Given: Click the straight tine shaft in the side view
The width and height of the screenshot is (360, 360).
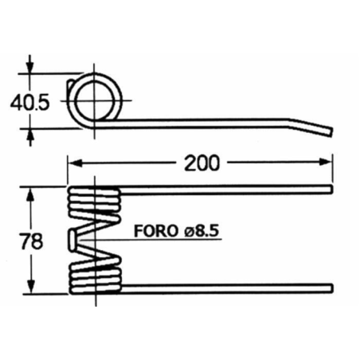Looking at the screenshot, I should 207,121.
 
